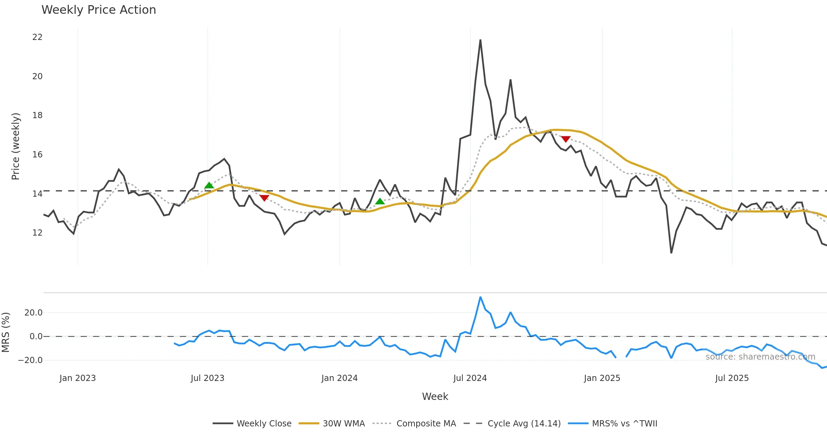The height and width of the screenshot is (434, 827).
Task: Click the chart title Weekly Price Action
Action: pos(99,10)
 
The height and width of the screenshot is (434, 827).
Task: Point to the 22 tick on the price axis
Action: pos(37,37)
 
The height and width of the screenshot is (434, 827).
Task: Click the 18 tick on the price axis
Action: pos(37,115)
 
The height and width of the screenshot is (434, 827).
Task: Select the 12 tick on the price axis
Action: pos(37,233)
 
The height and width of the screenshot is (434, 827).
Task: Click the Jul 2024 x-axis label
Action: pos(470,378)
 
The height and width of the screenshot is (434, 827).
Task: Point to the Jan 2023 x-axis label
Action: pos(78,378)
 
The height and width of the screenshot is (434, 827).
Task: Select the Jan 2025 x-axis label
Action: pos(602,378)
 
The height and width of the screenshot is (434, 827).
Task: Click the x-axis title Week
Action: pos(435,396)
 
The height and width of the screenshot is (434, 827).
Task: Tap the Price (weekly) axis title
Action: pos(16,146)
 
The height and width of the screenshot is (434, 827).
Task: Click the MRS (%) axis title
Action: pos(6,332)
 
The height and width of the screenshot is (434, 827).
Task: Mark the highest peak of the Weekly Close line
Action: pos(480,40)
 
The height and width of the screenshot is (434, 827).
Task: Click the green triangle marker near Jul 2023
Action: pos(209,186)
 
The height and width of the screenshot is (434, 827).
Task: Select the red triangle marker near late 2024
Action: pos(565,139)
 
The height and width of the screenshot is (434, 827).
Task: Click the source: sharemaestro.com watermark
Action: pos(760,357)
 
